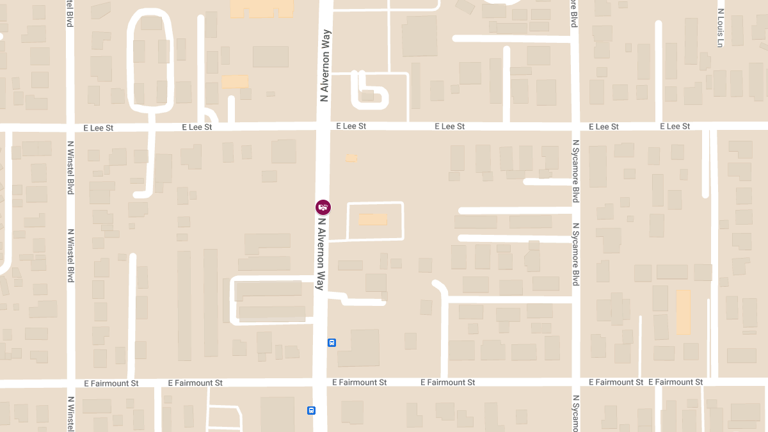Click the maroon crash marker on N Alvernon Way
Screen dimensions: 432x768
click(323, 207)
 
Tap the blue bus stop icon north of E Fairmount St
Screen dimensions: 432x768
click(332, 342)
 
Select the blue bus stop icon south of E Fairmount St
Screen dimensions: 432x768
click(311, 410)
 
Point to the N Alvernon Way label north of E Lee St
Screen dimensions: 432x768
click(325, 65)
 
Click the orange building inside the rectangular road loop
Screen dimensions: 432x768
click(372, 219)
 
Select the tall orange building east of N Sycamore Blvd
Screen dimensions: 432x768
click(684, 312)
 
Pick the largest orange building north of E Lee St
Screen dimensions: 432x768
click(261, 8)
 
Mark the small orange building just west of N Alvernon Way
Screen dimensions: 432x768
click(234, 82)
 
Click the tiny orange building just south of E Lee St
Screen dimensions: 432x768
click(350, 157)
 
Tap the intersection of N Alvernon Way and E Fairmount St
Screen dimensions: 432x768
click(320, 382)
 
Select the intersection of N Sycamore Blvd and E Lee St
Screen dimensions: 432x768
click(575, 126)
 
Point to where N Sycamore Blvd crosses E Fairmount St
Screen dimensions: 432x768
click(575, 382)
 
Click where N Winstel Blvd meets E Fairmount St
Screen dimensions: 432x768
click(70, 383)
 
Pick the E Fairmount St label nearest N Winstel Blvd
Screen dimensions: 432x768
click(111, 383)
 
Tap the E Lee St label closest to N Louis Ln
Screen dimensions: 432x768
click(675, 126)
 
